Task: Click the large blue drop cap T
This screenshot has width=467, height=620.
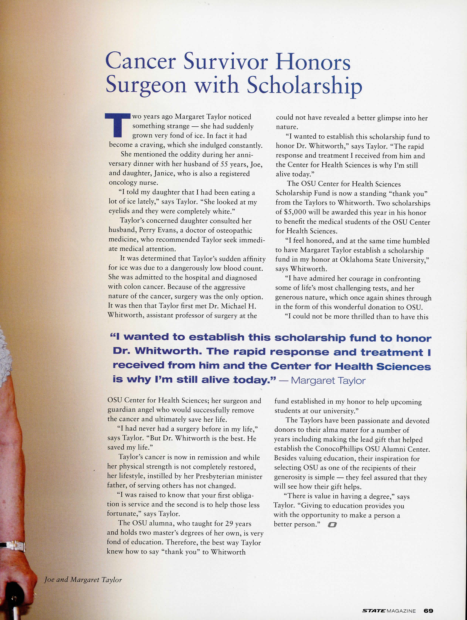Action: [118, 125]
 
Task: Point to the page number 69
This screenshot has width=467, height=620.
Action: [428, 608]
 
